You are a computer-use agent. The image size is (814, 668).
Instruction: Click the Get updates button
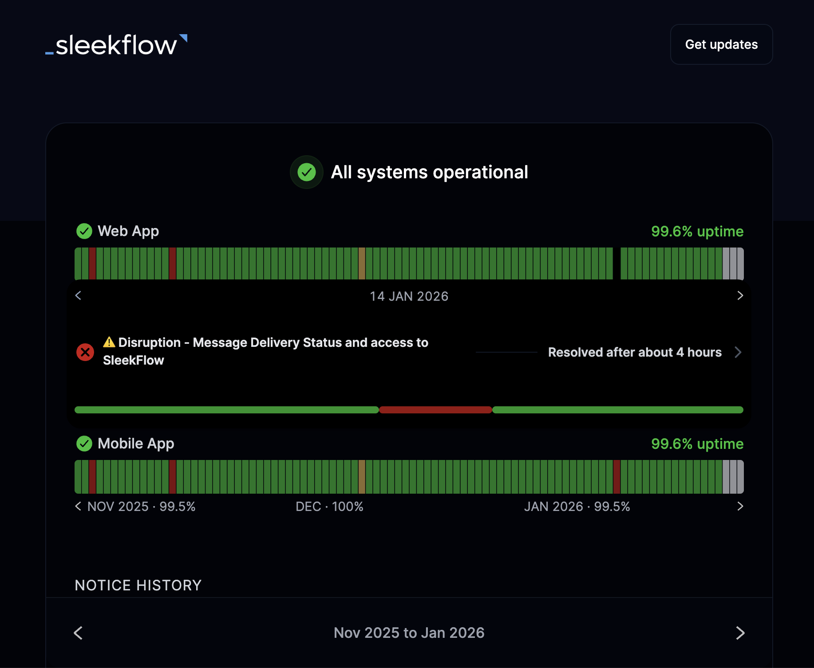click(721, 44)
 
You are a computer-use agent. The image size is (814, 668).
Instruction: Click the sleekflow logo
click(116, 45)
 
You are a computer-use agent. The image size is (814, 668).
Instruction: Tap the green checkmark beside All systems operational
click(306, 172)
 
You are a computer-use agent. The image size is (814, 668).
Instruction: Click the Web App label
click(128, 231)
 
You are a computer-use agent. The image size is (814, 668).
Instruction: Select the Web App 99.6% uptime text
click(697, 231)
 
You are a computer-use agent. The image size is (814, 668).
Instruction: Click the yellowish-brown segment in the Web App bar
click(362, 263)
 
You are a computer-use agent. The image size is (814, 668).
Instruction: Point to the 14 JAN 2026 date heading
click(409, 296)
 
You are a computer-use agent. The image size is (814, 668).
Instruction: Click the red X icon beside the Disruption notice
click(85, 352)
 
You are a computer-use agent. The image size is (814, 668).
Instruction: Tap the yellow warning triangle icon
click(109, 342)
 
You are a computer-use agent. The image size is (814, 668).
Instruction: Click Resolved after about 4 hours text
click(635, 352)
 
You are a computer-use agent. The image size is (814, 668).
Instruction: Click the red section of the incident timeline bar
click(435, 410)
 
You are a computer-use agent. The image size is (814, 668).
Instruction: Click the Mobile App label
click(135, 444)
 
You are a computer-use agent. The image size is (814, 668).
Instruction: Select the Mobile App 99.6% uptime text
click(697, 444)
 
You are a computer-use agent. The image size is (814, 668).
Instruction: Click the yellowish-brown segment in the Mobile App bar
click(362, 477)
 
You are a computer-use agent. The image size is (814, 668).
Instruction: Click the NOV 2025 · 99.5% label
click(141, 507)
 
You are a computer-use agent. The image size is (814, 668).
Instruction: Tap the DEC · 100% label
click(329, 507)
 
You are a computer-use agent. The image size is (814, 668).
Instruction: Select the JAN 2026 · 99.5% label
click(577, 507)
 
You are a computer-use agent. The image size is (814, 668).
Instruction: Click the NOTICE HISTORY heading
click(138, 585)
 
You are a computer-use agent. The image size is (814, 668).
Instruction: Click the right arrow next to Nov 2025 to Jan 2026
click(740, 633)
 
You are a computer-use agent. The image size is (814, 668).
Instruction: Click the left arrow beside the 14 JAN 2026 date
click(79, 295)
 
